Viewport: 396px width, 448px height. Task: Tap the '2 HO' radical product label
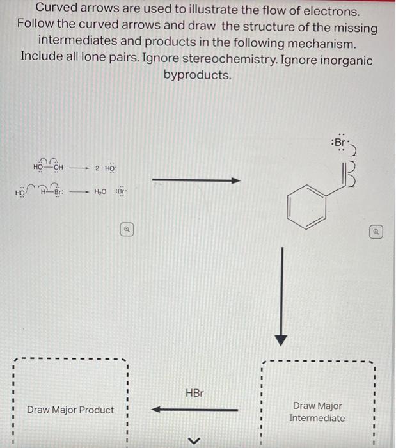click(105, 168)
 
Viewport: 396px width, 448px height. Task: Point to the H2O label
click(100, 192)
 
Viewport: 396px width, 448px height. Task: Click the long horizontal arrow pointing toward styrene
click(196, 181)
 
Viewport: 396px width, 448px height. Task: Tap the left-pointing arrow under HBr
click(195, 410)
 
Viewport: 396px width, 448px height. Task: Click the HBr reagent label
click(194, 392)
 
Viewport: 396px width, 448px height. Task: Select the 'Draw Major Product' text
click(70, 410)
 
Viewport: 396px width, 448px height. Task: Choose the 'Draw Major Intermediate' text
click(317, 412)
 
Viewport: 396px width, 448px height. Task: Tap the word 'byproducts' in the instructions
click(197, 75)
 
